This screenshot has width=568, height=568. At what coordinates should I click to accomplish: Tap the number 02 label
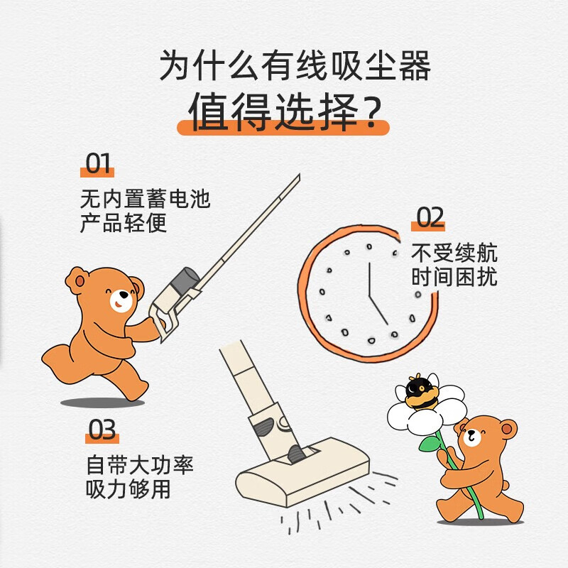tap(430, 218)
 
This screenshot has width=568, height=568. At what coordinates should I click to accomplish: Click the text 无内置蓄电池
tap(146, 198)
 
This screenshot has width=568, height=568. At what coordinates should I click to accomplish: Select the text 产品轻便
tap(124, 223)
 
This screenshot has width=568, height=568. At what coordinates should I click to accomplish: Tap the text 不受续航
tap(454, 253)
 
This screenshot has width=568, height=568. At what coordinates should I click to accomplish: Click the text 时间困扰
tap(454, 278)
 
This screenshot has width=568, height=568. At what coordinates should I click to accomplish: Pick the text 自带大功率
tap(140, 466)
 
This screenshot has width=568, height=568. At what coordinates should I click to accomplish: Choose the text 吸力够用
tap(128, 490)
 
